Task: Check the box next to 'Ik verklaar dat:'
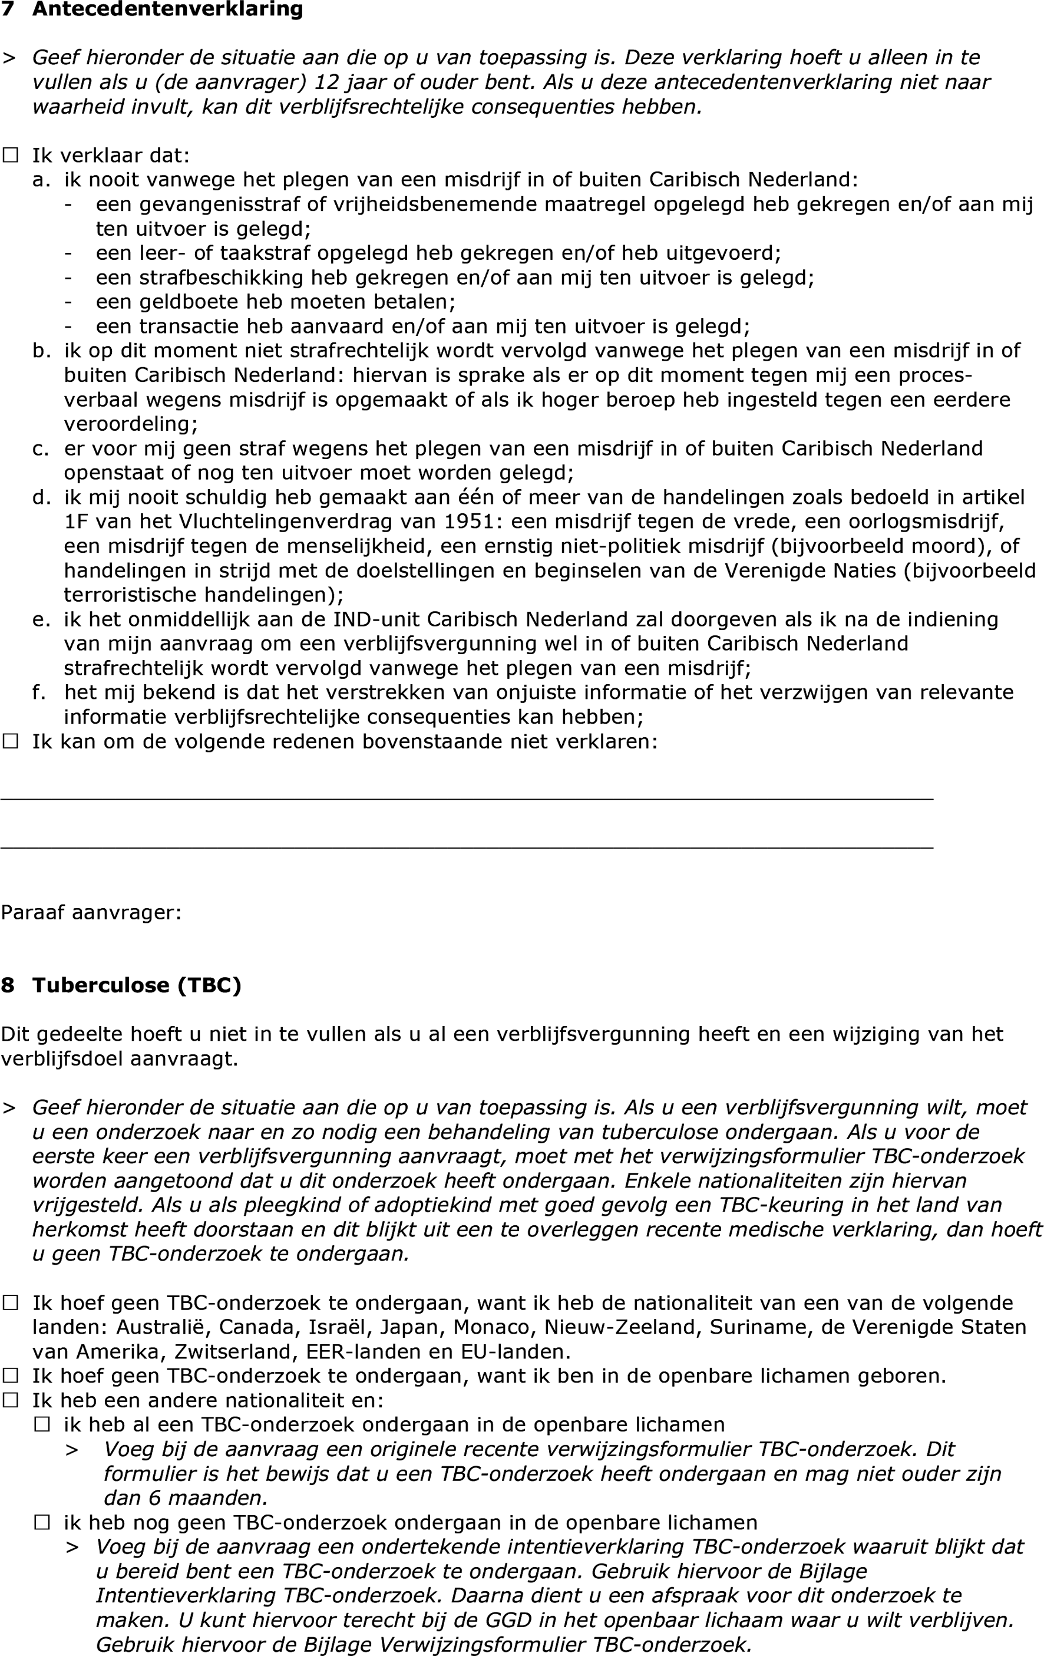click(11, 156)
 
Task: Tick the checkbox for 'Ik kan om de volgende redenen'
click(11, 741)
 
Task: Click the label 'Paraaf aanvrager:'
click(91, 913)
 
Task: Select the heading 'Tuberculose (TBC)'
click(137, 985)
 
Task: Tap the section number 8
click(8, 985)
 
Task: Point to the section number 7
click(8, 9)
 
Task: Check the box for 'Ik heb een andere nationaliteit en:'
click(11, 1400)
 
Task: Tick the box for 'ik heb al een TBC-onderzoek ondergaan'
click(42, 1424)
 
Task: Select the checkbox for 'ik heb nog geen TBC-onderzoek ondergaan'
click(42, 1523)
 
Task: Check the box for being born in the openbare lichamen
click(11, 1375)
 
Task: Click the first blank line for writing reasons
click(466, 799)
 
